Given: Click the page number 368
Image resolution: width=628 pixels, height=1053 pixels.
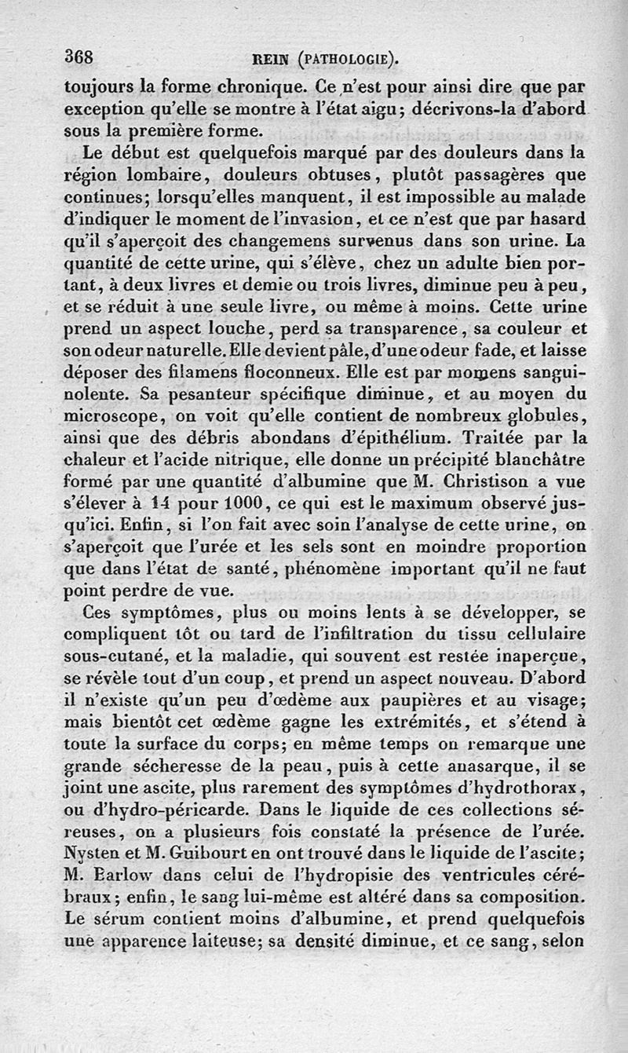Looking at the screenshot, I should coord(79,57).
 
